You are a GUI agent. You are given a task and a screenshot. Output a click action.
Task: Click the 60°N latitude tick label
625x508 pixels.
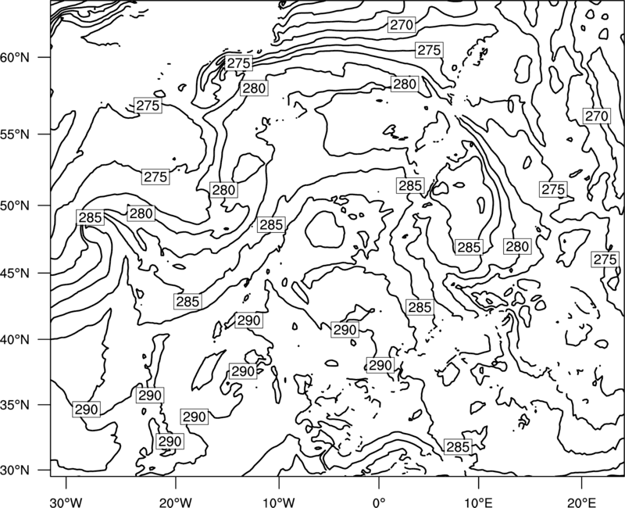(x=15, y=58)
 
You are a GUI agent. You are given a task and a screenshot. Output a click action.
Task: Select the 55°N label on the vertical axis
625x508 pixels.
(x=15, y=134)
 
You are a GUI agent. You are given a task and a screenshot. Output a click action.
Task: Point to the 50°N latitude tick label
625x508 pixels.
(x=15, y=206)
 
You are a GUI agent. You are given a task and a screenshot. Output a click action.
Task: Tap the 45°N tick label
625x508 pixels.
(x=15, y=274)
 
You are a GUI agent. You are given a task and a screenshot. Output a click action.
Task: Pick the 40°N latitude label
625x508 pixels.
(x=15, y=340)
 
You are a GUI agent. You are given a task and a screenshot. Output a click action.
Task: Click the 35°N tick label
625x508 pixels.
(x=15, y=405)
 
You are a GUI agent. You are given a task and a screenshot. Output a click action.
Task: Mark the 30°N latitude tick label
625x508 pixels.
(x=15, y=470)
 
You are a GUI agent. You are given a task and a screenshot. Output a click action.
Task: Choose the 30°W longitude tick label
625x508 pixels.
(x=66, y=502)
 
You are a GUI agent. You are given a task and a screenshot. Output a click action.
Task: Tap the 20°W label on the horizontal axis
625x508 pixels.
(x=176, y=502)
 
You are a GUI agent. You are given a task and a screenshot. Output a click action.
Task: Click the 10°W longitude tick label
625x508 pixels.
(x=279, y=502)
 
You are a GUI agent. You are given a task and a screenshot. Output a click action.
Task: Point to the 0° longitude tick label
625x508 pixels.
(x=379, y=502)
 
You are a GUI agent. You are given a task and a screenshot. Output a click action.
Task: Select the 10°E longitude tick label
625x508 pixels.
(x=478, y=502)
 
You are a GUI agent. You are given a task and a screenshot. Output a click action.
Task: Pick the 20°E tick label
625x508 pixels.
(x=581, y=502)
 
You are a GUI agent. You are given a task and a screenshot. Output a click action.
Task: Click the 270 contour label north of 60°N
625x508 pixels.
(x=402, y=25)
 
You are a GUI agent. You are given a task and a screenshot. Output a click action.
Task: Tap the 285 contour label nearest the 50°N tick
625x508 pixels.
(x=91, y=217)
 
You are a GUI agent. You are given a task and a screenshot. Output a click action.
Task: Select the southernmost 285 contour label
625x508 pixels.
(x=458, y=447)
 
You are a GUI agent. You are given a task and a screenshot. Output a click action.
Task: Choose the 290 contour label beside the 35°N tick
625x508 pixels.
(x=86, y=410)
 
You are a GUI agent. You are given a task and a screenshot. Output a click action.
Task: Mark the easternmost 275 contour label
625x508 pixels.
(x=605, y=259)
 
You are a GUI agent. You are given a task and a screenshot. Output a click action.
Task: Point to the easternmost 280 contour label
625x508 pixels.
(x=517, y=246)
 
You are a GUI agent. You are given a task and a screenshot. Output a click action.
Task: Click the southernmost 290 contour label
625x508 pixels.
(x=170, y=442)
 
